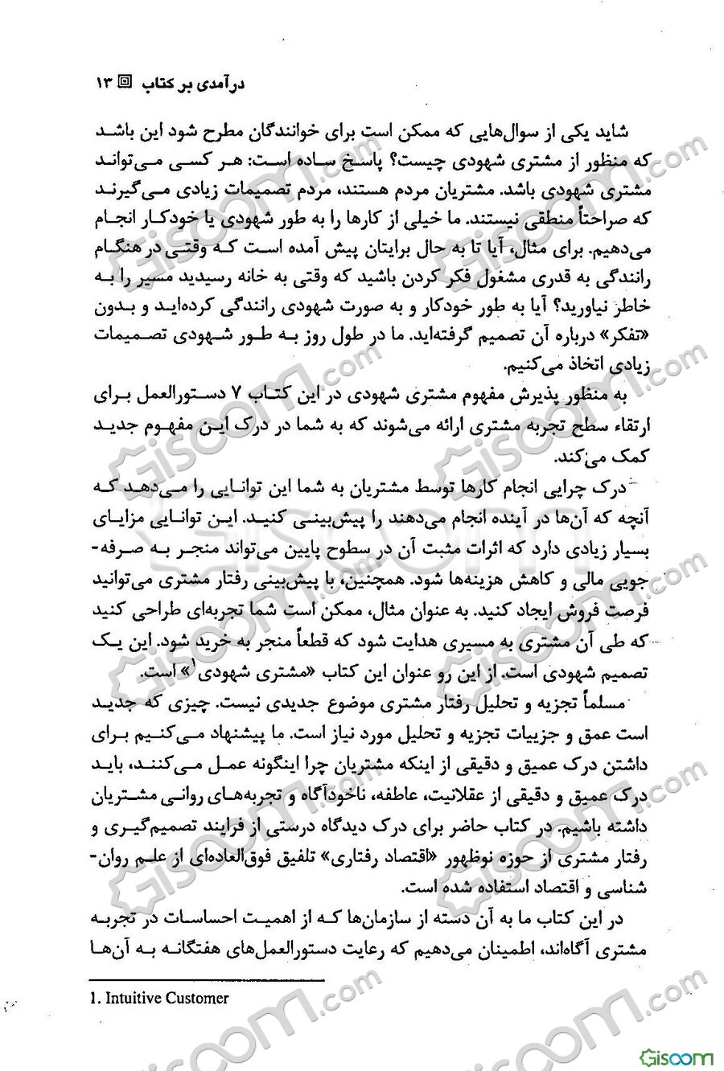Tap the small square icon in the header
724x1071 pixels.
(x=127, y=82)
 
